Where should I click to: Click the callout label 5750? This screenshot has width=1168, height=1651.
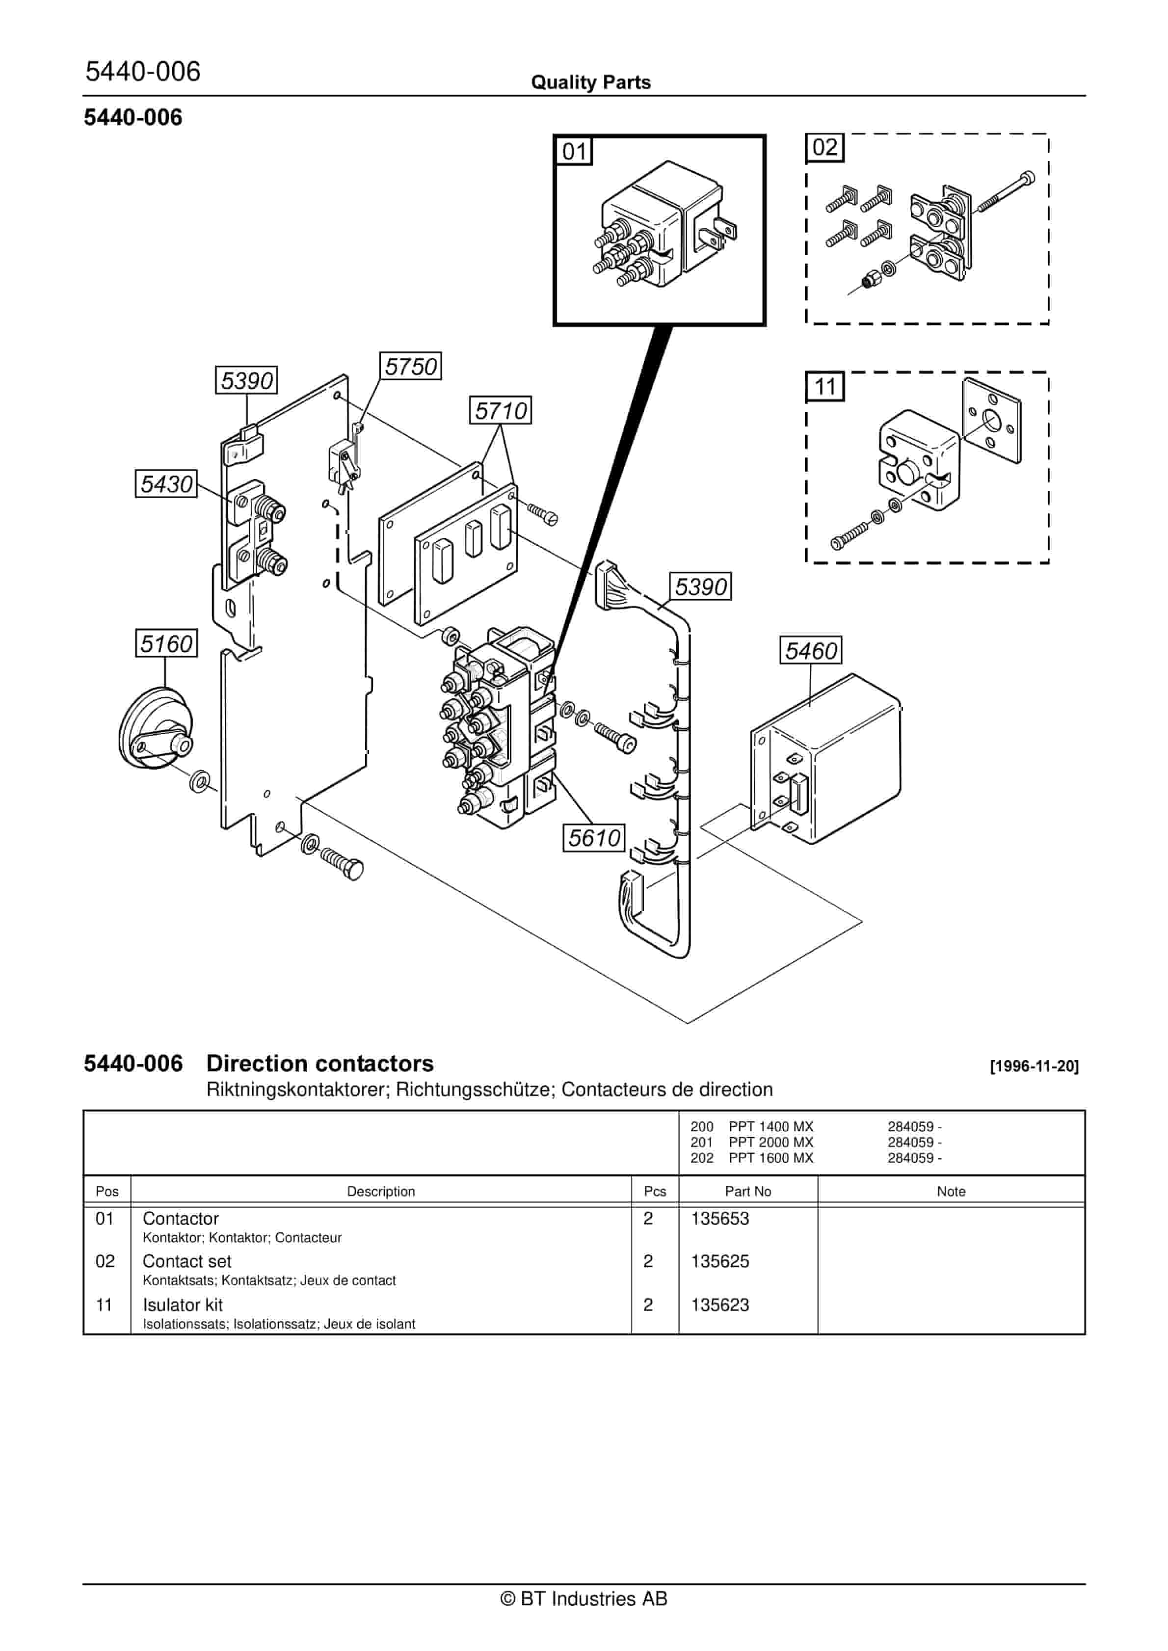pos(410,366)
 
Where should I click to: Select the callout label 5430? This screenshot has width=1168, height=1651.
pos(166,483)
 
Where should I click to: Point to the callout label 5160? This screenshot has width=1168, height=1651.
pos(166,643)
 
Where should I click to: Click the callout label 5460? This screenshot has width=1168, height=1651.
pos(811,650)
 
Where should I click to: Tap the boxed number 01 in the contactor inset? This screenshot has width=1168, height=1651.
pos(574,151)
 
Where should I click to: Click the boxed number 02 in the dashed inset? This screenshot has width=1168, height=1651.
pos(824,147)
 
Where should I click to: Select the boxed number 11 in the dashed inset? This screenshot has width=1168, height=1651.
pos(824,387)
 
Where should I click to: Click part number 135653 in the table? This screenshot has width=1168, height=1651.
pos(720,1218)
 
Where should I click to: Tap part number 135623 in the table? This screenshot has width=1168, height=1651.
pos(720,1305)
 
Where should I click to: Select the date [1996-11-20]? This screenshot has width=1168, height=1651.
pos(1034,1066)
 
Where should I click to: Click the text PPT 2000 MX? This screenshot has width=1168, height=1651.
pos(770,1142)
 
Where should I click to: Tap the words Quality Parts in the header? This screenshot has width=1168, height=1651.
pos(590,82)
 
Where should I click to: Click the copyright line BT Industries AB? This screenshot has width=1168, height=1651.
pos(584,1619)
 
